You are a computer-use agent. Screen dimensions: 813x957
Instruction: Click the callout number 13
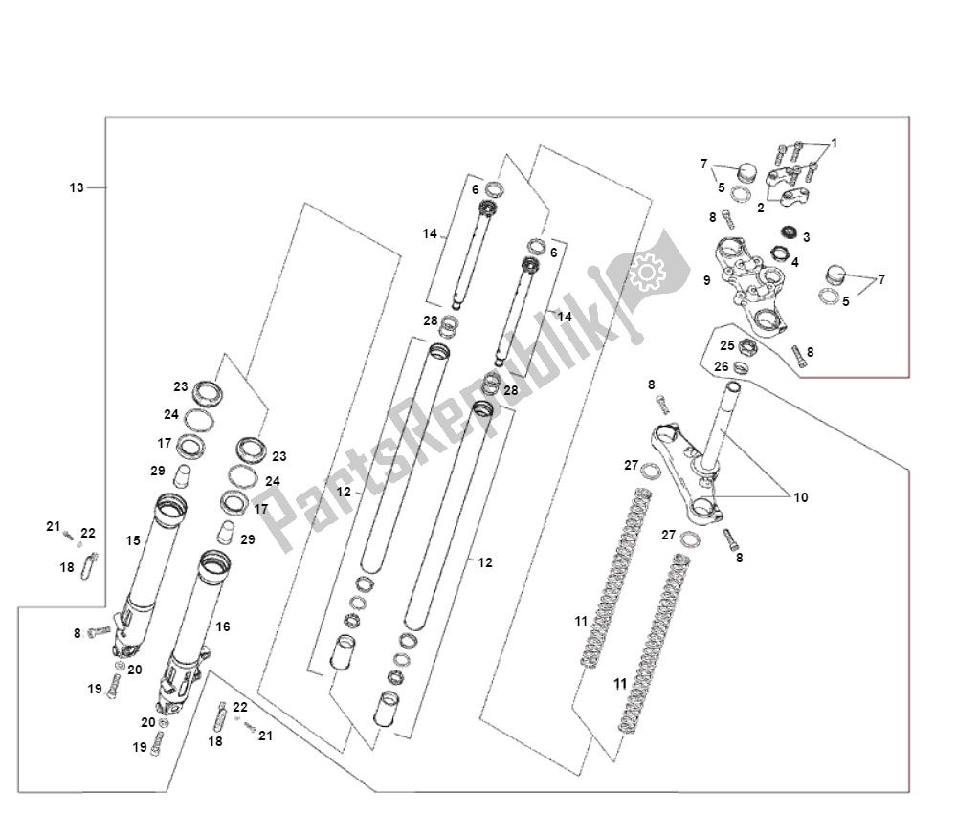tap(77, 187)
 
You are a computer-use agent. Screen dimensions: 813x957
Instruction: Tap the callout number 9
tap(706, 280)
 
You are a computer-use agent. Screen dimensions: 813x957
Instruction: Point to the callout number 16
tap(222, 626)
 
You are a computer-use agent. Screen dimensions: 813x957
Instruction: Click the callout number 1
tap(834, 143)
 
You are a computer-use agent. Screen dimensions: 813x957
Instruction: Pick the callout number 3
tap(806, 236)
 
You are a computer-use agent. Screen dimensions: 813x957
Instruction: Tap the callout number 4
tap(794, 261)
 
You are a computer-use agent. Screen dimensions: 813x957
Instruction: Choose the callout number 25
tap(726, 345)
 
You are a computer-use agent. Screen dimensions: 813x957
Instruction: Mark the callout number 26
tap(721, 366)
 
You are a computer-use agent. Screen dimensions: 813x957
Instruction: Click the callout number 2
tap(761, 207)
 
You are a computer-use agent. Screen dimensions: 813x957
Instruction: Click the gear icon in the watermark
tap(646, 275)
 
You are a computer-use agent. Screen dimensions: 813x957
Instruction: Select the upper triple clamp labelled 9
tap(753, 282)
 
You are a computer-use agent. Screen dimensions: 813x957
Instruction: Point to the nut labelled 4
tap(779, 254)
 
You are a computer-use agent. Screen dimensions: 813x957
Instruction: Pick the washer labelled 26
tap(743, 366)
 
